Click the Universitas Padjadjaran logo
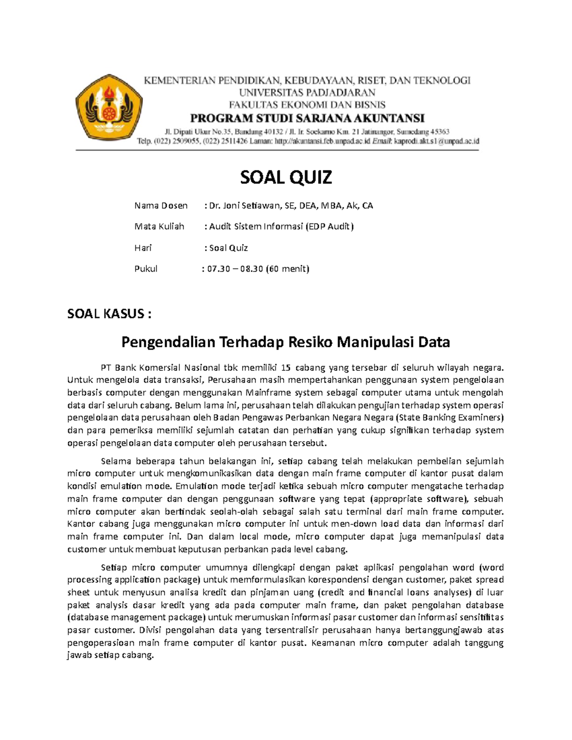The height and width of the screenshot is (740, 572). tap(109, 108)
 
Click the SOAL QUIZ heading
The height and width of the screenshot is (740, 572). tap(286, 177)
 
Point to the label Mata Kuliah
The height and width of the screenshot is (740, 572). tap(159, 226)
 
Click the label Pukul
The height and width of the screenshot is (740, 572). tap(146, 269)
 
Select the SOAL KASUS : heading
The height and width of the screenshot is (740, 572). tap(109, 314)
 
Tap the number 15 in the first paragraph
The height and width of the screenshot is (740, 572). tap(286, 367)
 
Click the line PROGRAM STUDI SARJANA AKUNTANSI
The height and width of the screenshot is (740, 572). tap(307, 118)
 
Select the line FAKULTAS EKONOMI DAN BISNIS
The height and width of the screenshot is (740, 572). tap(307, 105)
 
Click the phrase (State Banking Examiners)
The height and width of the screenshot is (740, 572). tap(449, 418)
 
